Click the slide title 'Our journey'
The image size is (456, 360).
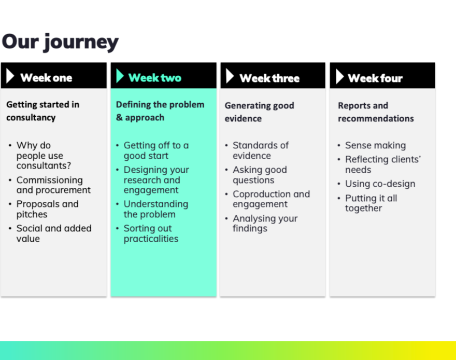click(60, 42)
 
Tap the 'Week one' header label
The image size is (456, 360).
click(46, 78)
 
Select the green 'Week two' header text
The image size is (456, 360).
click(155, 78)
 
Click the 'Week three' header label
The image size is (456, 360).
click(269, 78)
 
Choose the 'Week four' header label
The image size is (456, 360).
click(375, 78)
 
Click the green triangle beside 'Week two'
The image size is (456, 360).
click(120, 76)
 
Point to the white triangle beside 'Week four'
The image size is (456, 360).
click(339, 77)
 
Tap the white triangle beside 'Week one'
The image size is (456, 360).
click(10, 76)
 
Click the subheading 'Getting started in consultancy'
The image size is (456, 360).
click(42, 111)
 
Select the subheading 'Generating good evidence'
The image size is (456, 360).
click(259, 112)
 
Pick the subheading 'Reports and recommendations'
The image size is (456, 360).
click(376, 112)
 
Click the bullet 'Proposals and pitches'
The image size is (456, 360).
click(47, 209)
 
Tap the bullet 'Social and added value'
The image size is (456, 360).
click(53, 233)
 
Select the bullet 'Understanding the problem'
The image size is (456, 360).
click(155, 209)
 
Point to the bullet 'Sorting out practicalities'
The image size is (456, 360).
click(150, 233)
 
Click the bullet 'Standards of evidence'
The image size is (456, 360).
click(260, 150)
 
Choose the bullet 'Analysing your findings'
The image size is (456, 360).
click(265, 224)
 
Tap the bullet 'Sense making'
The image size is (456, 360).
click(375, 146)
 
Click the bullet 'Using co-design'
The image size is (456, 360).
click(380, 184)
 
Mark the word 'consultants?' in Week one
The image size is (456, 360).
click(44, 166)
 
